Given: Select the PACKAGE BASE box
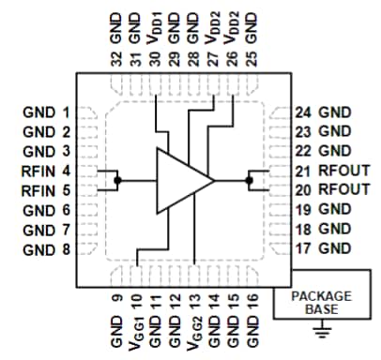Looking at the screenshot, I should tap(319, 301).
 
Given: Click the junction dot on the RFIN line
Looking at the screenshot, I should tap(117, 179).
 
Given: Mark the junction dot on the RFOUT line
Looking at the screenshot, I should tap(251, 179).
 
